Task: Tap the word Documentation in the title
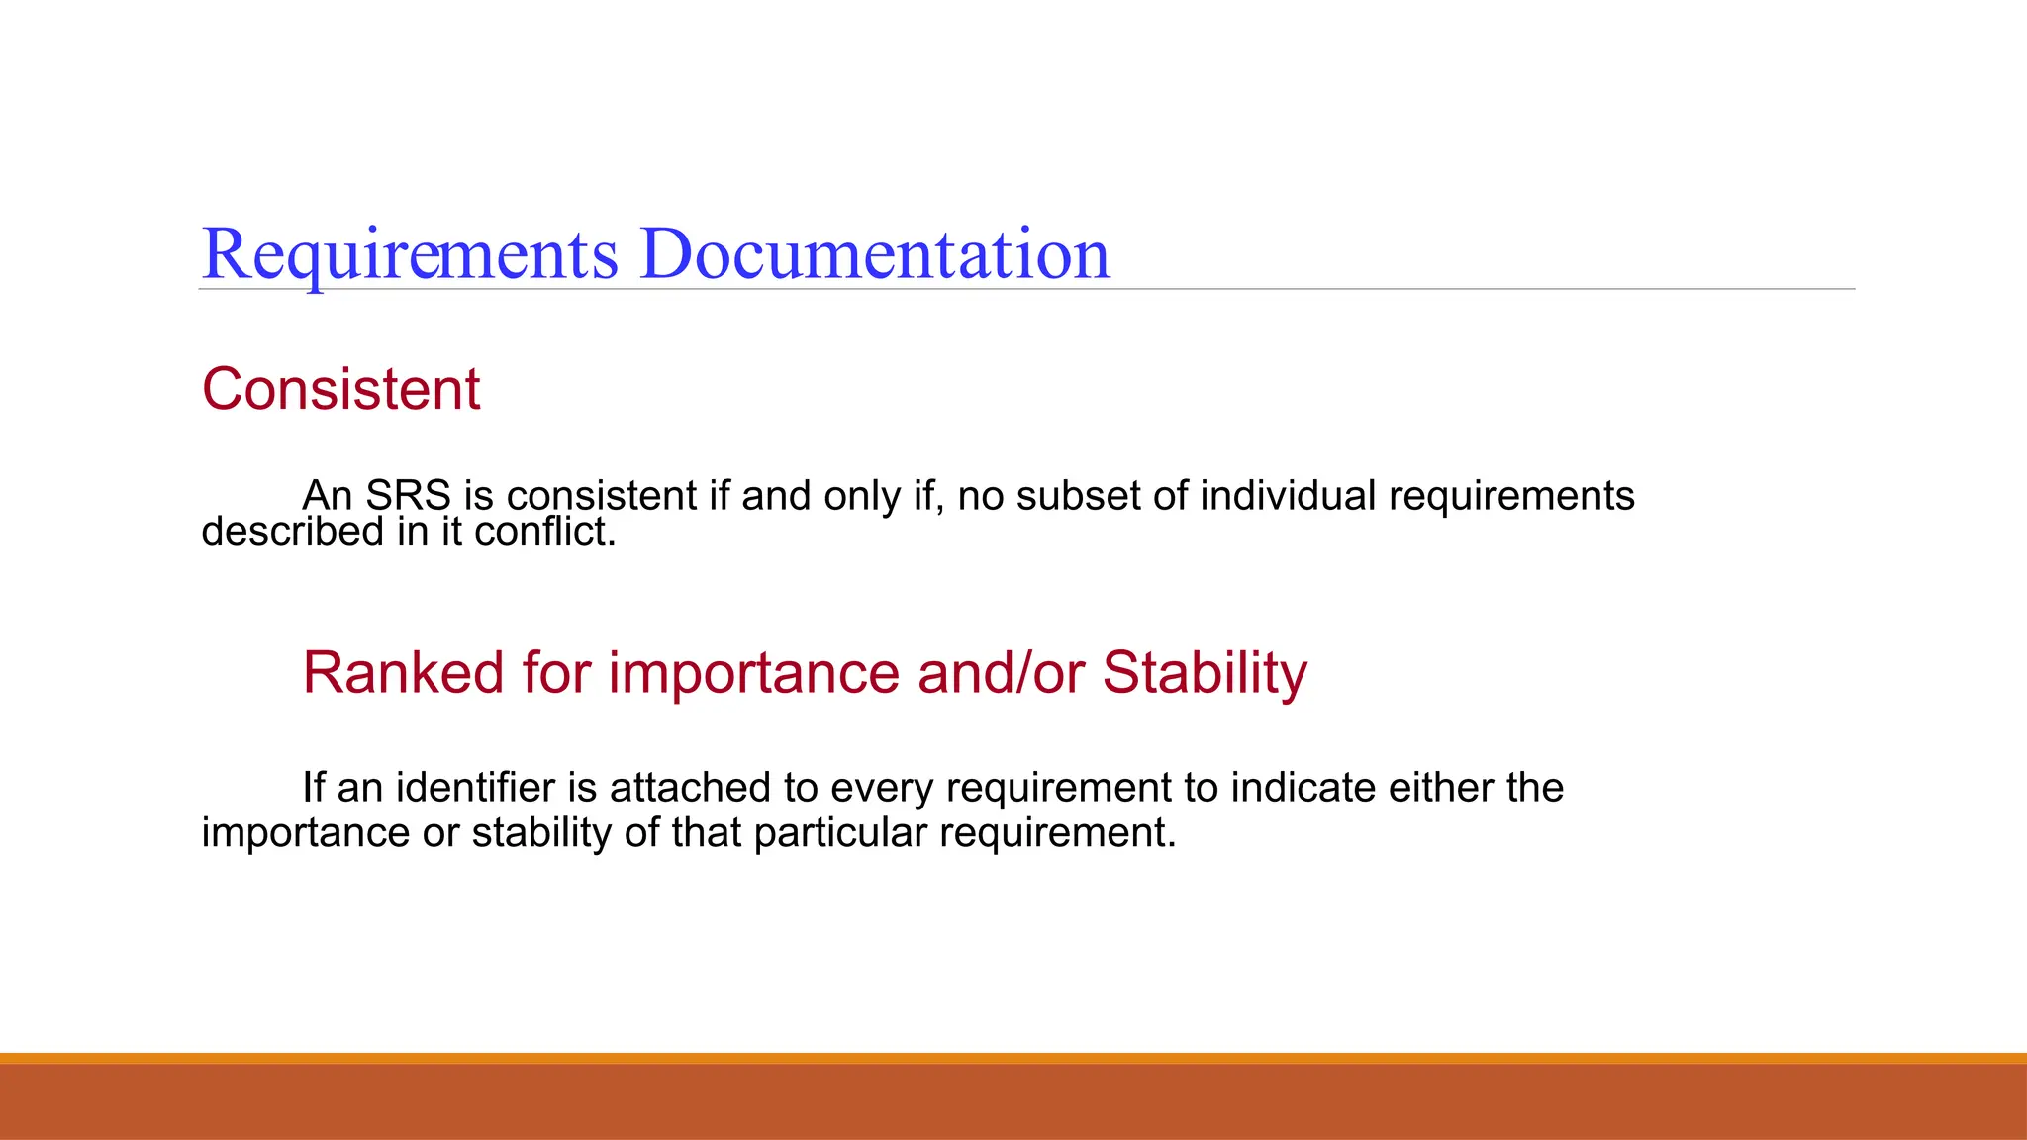[875, 255]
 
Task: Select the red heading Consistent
[340, 389]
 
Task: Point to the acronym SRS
[408, 496]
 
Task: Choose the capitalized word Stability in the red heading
[1205, 675]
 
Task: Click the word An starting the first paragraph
[327, 496]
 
